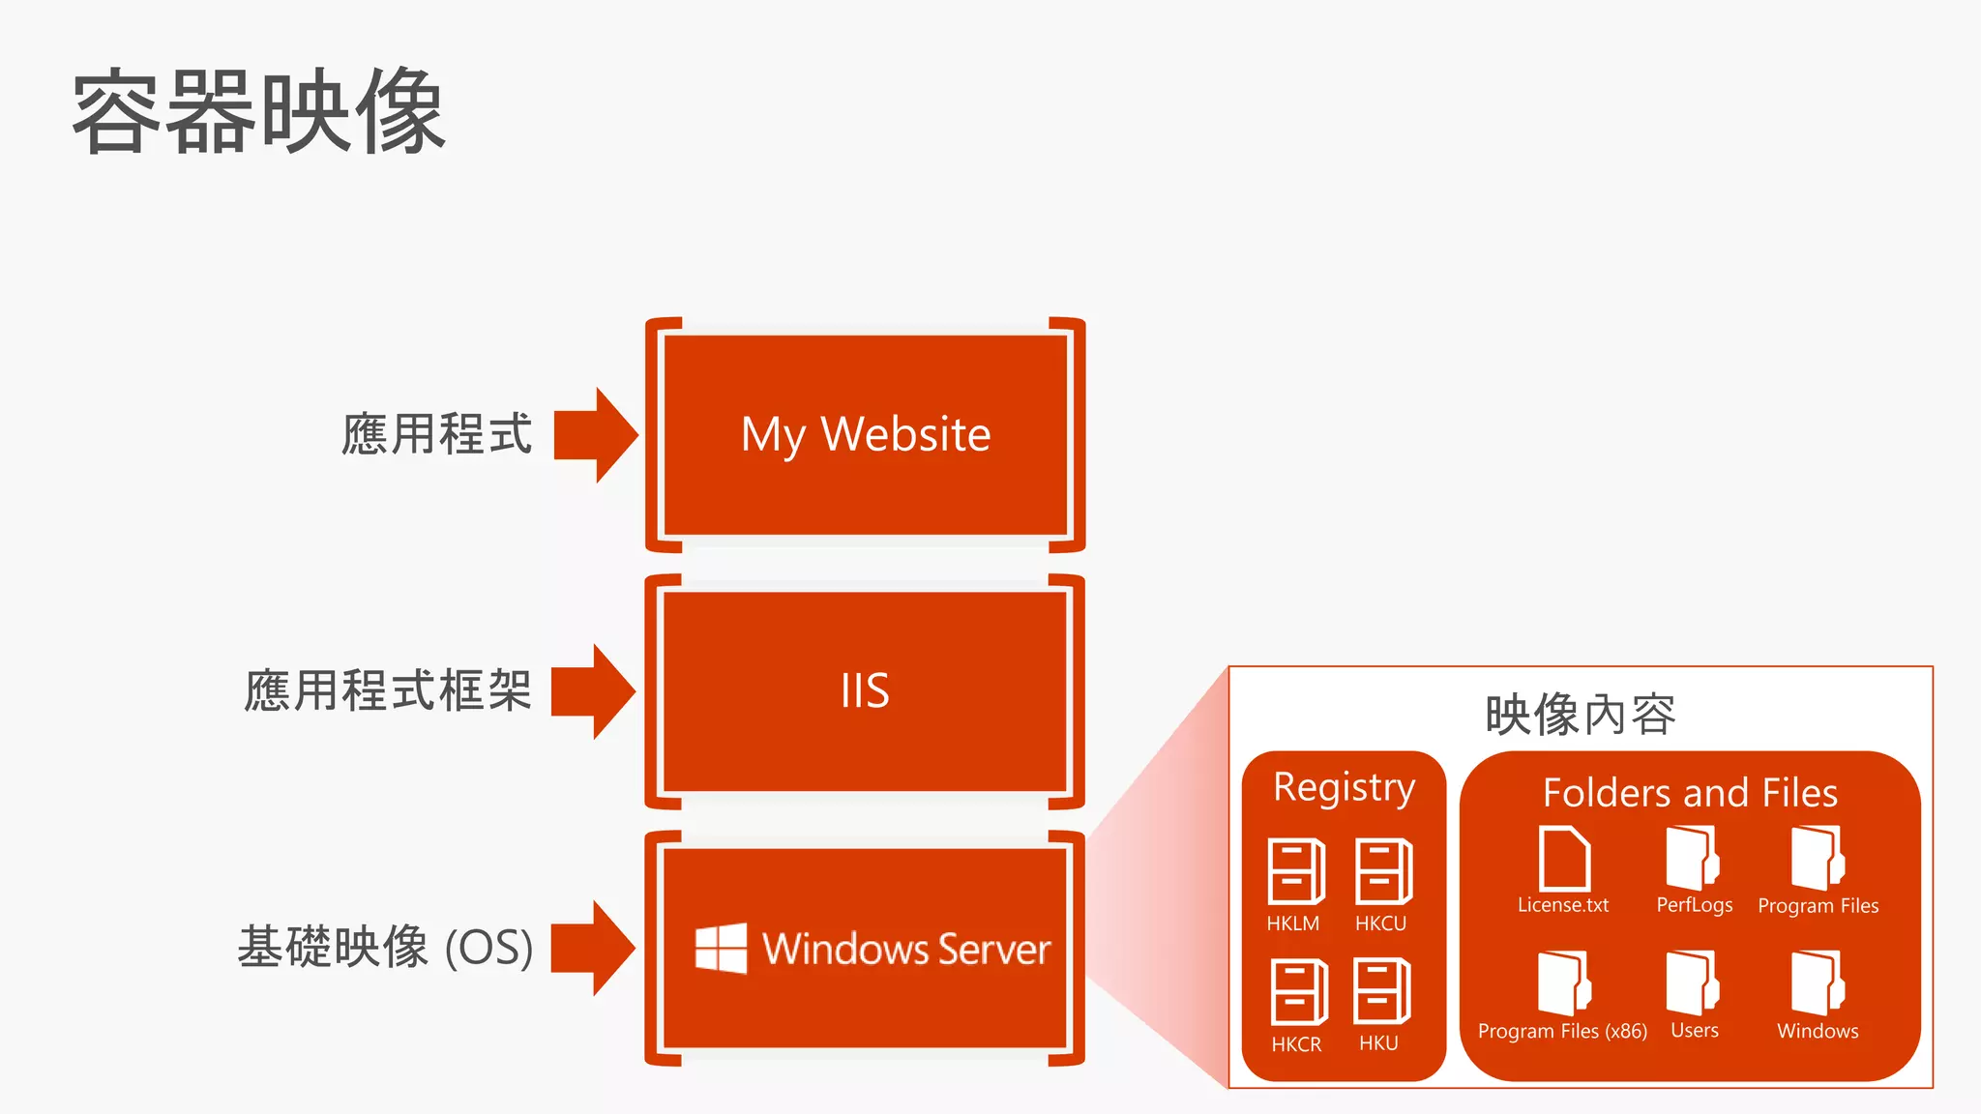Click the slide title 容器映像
(259, 112)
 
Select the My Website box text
(866, 434)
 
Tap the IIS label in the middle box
(865, 690)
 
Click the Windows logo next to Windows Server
(721, 948)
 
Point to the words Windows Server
(906, 949)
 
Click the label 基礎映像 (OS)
(385, 947)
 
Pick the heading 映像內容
(1581, 715)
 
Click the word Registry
(1344, 787)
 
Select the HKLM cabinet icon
(1295, 871)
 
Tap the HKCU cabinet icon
(1383, 871)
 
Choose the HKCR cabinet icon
(1298, 992)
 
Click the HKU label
(1378, 1043)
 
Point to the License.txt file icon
(1563, 859)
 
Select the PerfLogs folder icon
(1692, 858)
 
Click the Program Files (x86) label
(1562, 1031)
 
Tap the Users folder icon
(1692, 982)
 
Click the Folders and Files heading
(1690, 793)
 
